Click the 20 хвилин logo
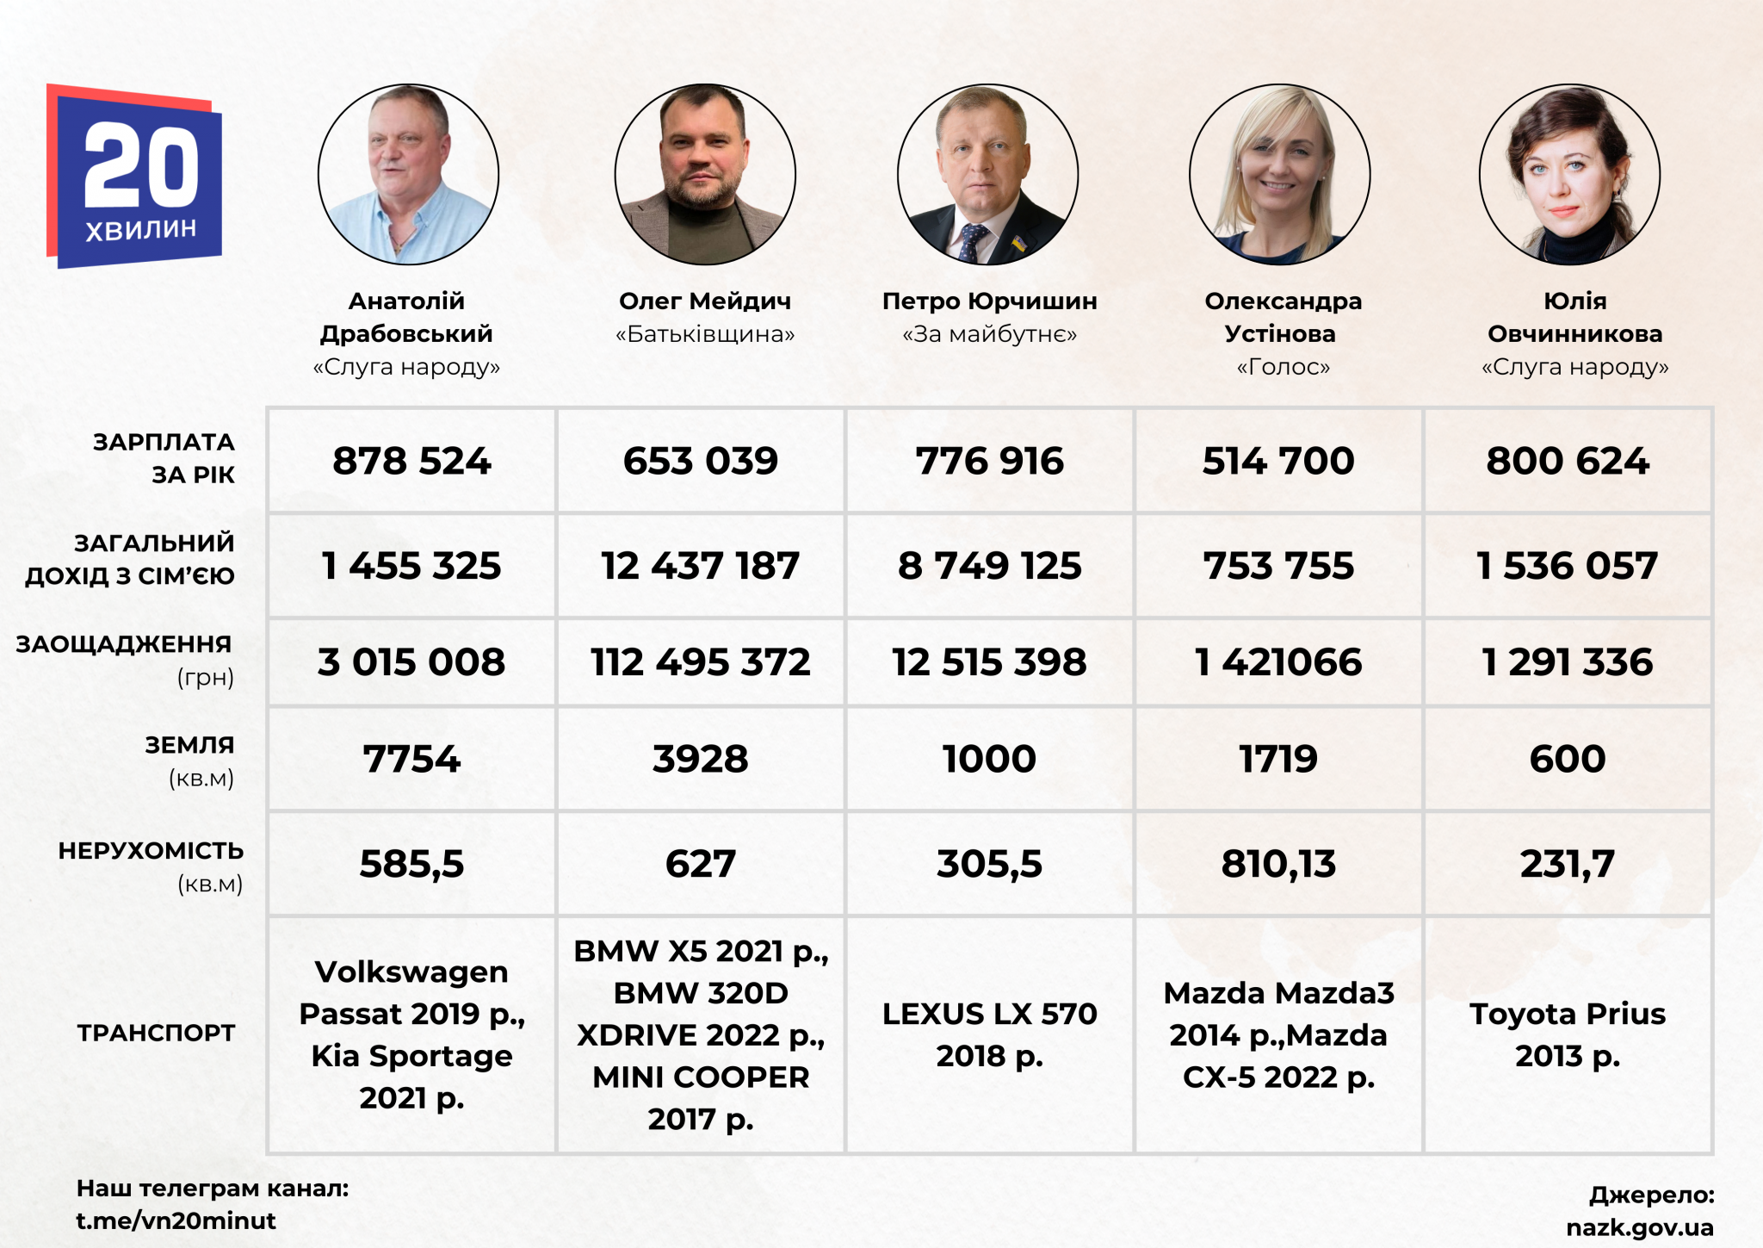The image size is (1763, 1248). [135, 177]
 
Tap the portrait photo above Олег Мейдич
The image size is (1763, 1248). [705, 174]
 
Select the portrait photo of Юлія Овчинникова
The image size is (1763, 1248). [1569, 174]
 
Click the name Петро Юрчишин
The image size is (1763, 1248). [989, 301]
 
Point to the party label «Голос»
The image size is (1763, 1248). [1283, 368]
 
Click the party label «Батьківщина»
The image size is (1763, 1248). [705, 334]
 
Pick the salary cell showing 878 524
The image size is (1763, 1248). [411, 462]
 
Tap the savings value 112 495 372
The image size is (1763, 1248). [701, 662]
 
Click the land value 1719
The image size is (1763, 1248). [1278, 760]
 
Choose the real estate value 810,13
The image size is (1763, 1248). [1278, 864]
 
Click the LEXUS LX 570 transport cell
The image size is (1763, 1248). [990, 1034]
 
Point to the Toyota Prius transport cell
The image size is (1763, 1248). [1568, 1034]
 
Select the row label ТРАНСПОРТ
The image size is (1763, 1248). [156, 1033]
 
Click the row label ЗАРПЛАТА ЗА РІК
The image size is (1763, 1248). [164, 458]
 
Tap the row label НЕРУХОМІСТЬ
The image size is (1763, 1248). [151, 851]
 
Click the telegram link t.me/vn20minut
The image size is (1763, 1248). [176, 1220]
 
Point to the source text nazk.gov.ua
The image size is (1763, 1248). [1640, 1227]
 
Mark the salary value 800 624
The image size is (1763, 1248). [1568, 462]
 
